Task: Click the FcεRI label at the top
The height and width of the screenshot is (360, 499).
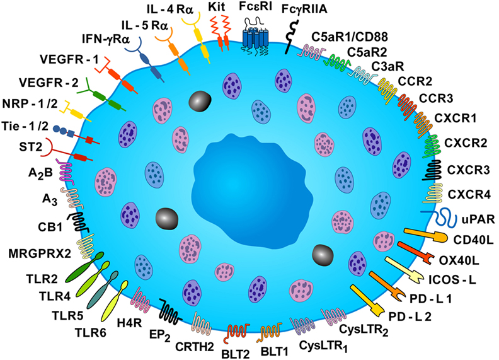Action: [256, 7]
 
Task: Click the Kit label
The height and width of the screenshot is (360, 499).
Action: [217, 7]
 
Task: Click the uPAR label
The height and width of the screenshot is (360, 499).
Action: [478, 219]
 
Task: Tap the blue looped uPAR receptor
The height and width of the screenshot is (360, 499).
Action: [441, 218]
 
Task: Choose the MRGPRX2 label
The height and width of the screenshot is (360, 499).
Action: [40, 253]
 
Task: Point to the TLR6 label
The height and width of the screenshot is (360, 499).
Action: [90, 333]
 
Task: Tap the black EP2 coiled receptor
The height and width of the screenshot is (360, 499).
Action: [171, 311]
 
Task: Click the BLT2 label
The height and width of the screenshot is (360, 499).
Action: [235, 353]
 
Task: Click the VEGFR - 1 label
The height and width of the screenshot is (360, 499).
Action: [69, 59]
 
